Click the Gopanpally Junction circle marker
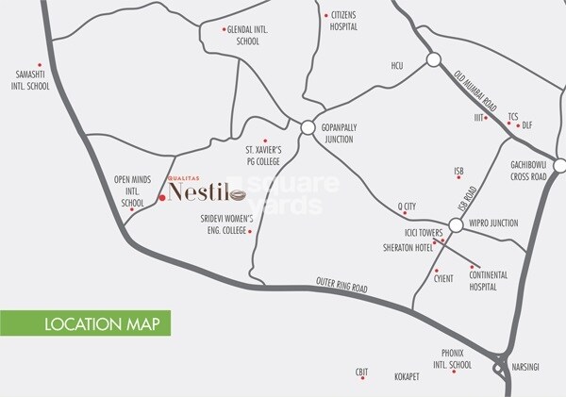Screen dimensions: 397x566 click(308, 127)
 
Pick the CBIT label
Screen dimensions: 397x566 click(360, 374)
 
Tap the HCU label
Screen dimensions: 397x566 click(397, 66)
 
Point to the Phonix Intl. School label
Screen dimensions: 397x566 click(450, 359)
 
